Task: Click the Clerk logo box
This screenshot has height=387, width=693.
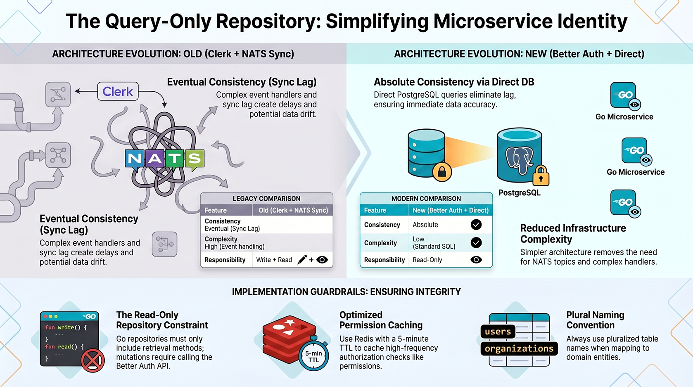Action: (x=118, y=91)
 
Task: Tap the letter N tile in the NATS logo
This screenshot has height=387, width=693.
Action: (x=135, y=159)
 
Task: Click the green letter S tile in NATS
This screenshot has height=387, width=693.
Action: (x=194, y=159)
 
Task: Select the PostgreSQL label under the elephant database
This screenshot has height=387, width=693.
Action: (x=520, y=193)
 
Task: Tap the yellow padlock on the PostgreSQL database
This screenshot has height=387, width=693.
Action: (x=541, y=176)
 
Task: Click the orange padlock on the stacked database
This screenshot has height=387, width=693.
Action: (x=442, y=172)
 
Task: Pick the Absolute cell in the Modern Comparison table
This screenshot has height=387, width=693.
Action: (x=425, y=225)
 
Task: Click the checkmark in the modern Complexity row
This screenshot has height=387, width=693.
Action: (x=476, y=242)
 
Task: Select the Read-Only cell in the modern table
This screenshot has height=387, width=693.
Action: (x=427, y=260)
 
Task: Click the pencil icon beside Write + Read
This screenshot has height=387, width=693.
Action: (x=302, y=259)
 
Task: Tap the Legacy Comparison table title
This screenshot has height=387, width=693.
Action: (x=266, y=199)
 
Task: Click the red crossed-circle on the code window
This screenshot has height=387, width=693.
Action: (x=93, y=361)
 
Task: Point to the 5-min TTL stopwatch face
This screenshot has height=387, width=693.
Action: (x=313, y=356)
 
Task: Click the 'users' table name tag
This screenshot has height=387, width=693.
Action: (x=498, y=332)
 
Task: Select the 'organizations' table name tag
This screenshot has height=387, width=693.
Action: (x=519, y=349)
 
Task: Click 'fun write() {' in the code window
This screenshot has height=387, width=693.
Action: (x=66, y=327)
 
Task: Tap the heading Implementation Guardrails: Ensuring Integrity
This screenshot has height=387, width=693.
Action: (x=346, y=292)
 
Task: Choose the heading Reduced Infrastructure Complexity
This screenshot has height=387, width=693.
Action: (x=573, y=233)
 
